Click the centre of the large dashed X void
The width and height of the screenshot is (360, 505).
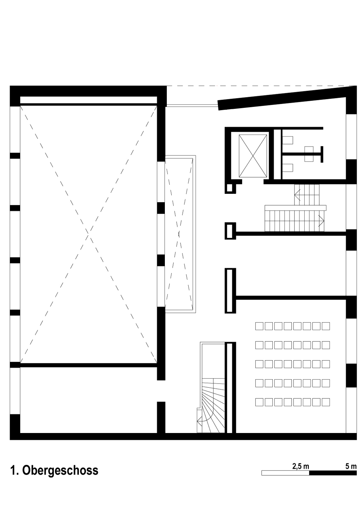pos(87,232)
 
